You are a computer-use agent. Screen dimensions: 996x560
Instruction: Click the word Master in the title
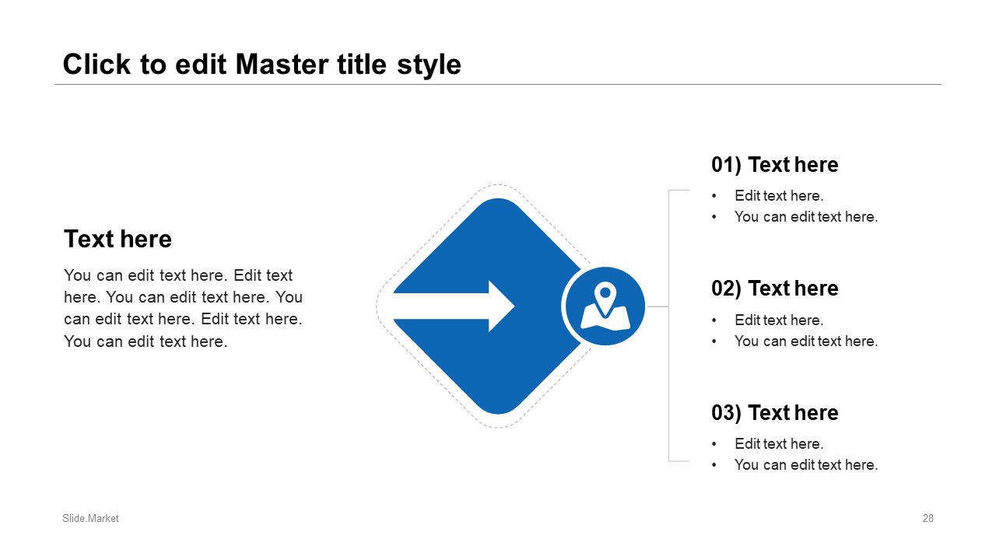(x=282, y=65)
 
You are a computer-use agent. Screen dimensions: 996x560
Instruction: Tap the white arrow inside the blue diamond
(x=454, y=306)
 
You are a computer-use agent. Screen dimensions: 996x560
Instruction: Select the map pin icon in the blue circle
(x=605, y=306)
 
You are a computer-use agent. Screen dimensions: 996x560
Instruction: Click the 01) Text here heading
(x=774, y=165)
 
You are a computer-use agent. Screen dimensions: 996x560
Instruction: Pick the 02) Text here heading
(x=774, y=289)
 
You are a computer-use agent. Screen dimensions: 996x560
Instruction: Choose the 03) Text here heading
(x=774, y=413)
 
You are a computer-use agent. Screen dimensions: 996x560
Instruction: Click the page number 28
(x=928, y=518)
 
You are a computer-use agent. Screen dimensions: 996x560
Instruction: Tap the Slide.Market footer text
(x=90, y=518)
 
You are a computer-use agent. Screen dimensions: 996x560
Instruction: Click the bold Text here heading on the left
(x=117, y=239)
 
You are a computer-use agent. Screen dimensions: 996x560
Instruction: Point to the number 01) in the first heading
(x=726, y=165)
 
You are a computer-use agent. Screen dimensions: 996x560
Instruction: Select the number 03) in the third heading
(x=726, y=413)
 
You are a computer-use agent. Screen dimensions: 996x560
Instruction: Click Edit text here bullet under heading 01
(x=779, y=195)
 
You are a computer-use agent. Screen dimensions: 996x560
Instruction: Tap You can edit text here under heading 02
(x=806, y=341)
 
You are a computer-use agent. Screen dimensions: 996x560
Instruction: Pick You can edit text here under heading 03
(x=806, y=465)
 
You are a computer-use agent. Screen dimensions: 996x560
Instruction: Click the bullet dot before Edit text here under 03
(x=714, y=444)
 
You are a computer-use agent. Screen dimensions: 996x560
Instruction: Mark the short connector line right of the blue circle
(x=658, y=306)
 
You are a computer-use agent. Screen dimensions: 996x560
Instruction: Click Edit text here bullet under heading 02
(x=779, y=320)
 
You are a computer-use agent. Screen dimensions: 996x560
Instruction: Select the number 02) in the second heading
(x=726, y=289)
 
